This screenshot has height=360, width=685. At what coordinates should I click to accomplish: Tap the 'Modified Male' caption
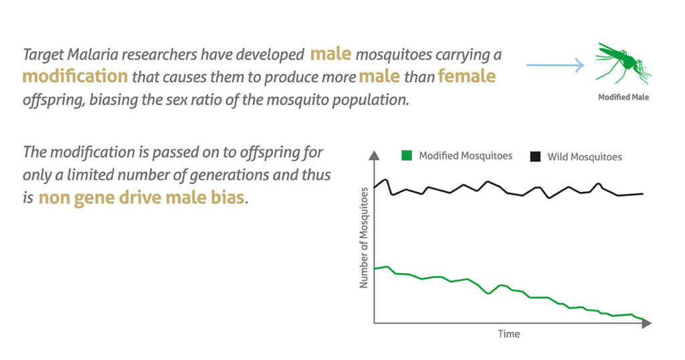(623, 97)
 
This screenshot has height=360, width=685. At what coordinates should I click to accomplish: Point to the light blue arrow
(555, 65)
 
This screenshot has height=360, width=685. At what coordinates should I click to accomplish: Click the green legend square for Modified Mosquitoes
(406, 156)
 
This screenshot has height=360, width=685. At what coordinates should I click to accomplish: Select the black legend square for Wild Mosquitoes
(535, 157)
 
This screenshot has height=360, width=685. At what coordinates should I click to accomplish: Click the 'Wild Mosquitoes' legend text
(584, 157)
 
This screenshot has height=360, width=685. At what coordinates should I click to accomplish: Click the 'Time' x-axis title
(508, 333)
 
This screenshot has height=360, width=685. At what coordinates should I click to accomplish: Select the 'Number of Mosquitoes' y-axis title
(365, 238)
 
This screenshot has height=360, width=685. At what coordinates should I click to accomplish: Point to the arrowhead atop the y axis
(375, 156)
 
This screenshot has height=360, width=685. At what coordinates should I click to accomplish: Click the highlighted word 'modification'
(75, 76)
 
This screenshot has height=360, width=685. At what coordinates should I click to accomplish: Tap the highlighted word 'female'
(466, 76)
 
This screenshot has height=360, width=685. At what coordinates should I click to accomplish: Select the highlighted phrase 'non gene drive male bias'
(142, 198)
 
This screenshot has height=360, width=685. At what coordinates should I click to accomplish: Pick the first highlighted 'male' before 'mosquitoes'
(330, 53)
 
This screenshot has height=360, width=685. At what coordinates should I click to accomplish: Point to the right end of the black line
(643, 194)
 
